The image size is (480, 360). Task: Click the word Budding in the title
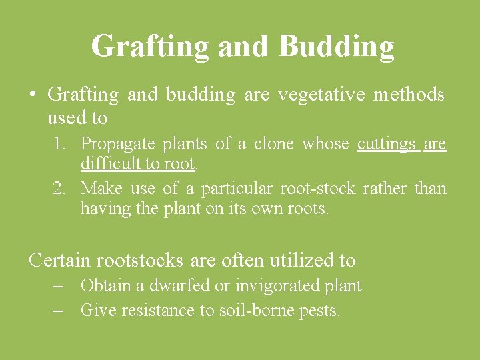336,47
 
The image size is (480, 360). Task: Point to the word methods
409,95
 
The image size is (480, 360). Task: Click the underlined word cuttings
387,144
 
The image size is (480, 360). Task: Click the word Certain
61,260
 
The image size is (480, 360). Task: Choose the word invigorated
269,286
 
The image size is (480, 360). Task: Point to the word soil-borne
258,310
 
